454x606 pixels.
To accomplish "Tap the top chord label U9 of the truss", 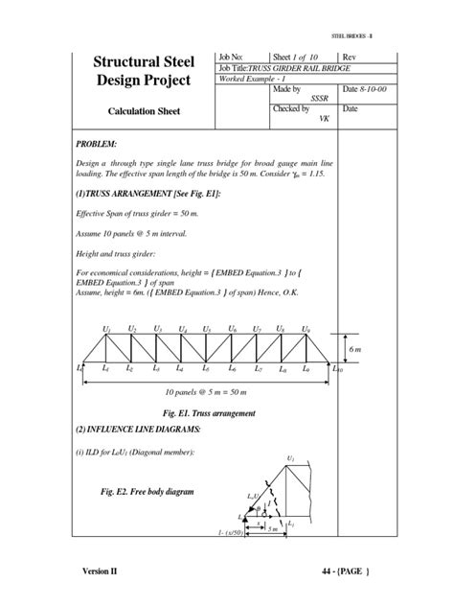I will (x=306, y=329).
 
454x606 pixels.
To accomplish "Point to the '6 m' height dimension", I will (x=352, y=350).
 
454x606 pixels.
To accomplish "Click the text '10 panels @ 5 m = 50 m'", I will (x=206, y=393).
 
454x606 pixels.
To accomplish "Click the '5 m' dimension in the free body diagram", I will (x=272, y=529).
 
